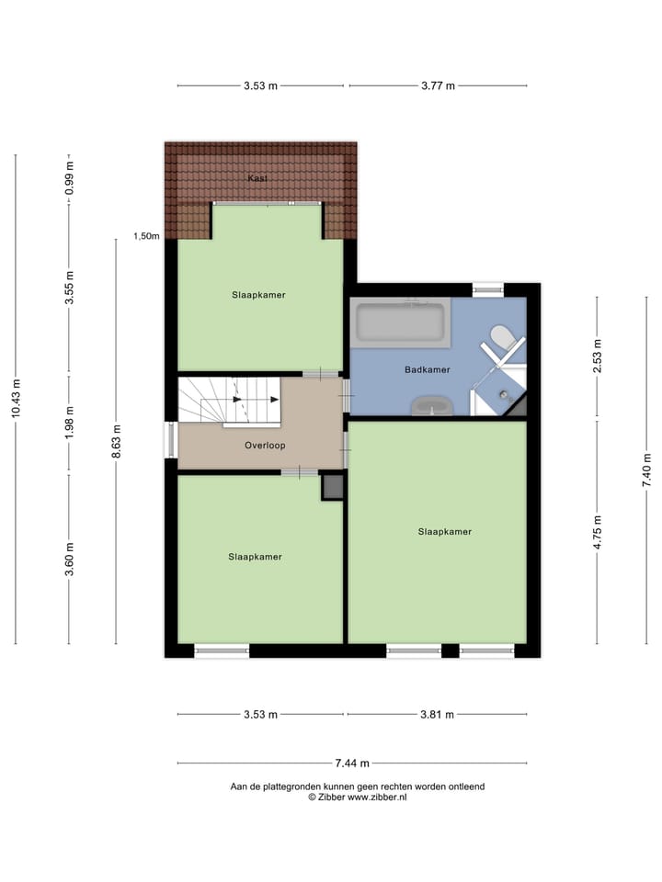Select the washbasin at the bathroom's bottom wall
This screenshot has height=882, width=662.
click(x=431, y=405)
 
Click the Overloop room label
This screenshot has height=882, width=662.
click(x=265, y=446)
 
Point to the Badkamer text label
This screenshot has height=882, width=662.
click(x=428, y=370)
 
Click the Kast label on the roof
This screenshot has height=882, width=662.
click(x=258, y=178)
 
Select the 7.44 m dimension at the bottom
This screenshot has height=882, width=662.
click(x=352, y=763)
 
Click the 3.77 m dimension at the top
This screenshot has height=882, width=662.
click(x=438, y=85)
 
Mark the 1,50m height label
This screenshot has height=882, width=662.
click(x=147, y=236)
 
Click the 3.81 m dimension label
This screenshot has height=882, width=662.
click(x=437, y=715)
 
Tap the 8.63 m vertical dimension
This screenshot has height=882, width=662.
click(x=116, y=442)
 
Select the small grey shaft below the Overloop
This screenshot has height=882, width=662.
click(x=332, y=486)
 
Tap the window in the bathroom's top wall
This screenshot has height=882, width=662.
click(x=488, y=289)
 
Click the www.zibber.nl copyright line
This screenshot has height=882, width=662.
click(x=358, y=797)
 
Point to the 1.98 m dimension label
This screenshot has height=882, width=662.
click(x=68, y=424)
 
